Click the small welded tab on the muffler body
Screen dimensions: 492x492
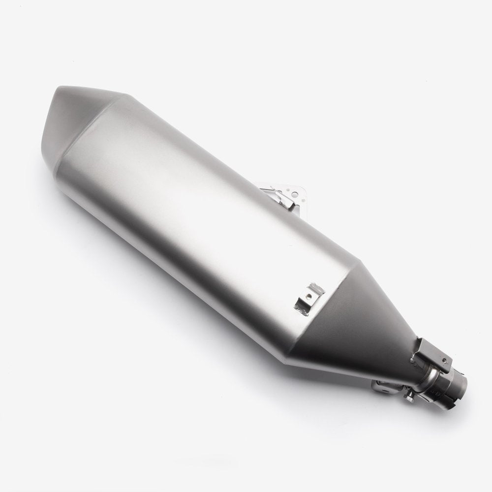[x=307, y=297]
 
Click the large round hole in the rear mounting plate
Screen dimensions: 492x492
[x=284, y=187]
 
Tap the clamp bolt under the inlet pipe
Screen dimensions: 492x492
[x=409, y=396]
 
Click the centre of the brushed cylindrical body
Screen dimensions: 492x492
[x=207, y=207]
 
